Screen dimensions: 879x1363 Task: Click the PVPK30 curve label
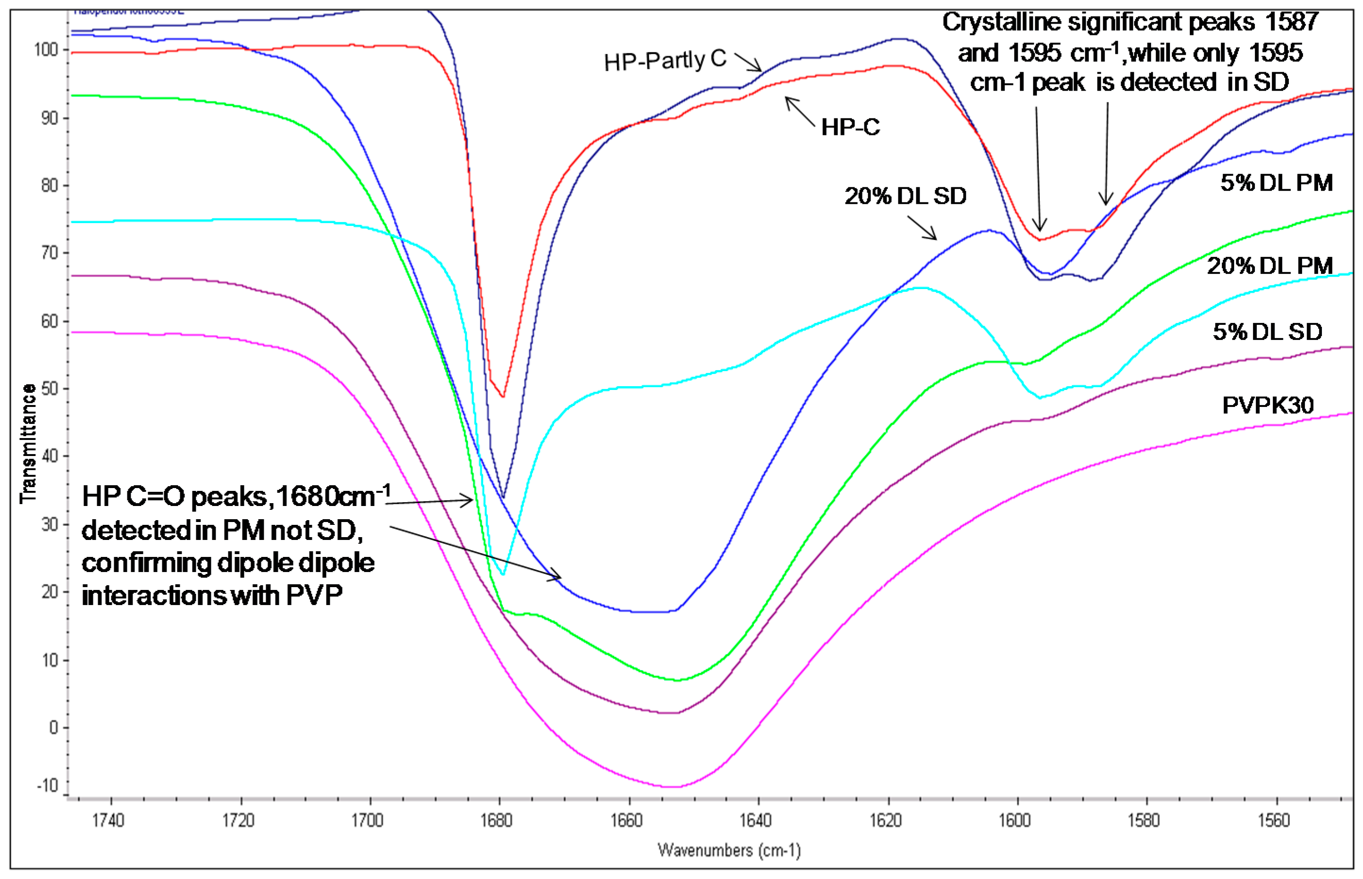pyautogui.click(x=1267, y=405)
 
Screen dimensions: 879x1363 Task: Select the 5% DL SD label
pyautogui.click(x=1267, y=332)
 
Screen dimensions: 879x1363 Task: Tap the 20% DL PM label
pyautogui.click(x=1270, y=266)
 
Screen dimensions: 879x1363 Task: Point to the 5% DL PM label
pyautogui.click(x=1276, y=183)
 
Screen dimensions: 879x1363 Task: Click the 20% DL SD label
pyautogui.click(x=905, y=196)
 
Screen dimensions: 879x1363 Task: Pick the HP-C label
pyautogui.click(x=850, y=127)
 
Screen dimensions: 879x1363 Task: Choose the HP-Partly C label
pyautogui.click(x=665, y=60)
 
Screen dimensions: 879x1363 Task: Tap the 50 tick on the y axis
pyautogui.click(x=49, y=389)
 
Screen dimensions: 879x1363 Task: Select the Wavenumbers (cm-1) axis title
pyautogui.click(x=728, y=850)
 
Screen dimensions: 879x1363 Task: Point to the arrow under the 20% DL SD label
pyautogui.click(x=921, y=228)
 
